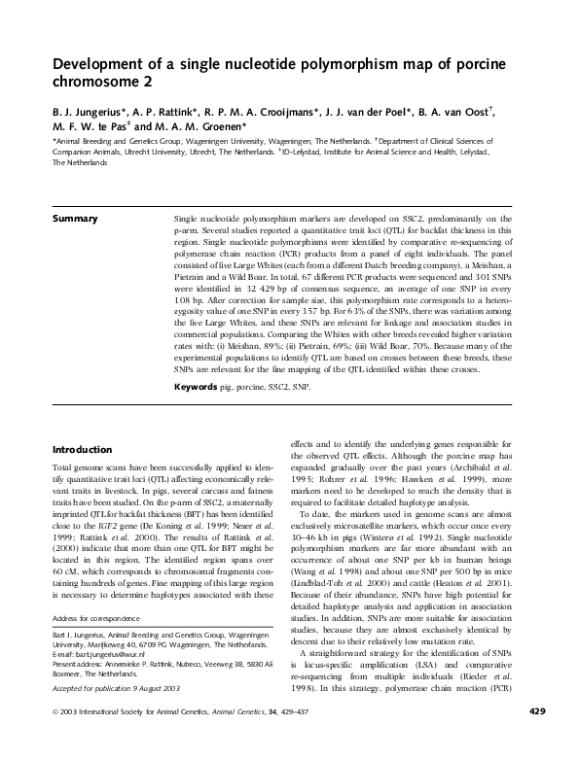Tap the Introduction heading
pyautogui.click(x=85, y=450)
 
